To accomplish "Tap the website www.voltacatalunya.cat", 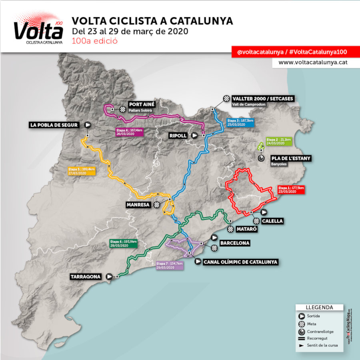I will (312, 62).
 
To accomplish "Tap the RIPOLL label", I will (178, 136).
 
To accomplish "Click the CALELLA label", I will (273, 221).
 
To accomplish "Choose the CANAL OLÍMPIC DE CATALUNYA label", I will (240, 262).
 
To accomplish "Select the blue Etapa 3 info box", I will (240, 122).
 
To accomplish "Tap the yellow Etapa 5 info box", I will (82, 171).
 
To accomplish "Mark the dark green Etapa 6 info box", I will (124, 244).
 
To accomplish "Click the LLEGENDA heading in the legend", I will (319, 307).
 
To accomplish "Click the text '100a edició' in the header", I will (94, 41).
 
